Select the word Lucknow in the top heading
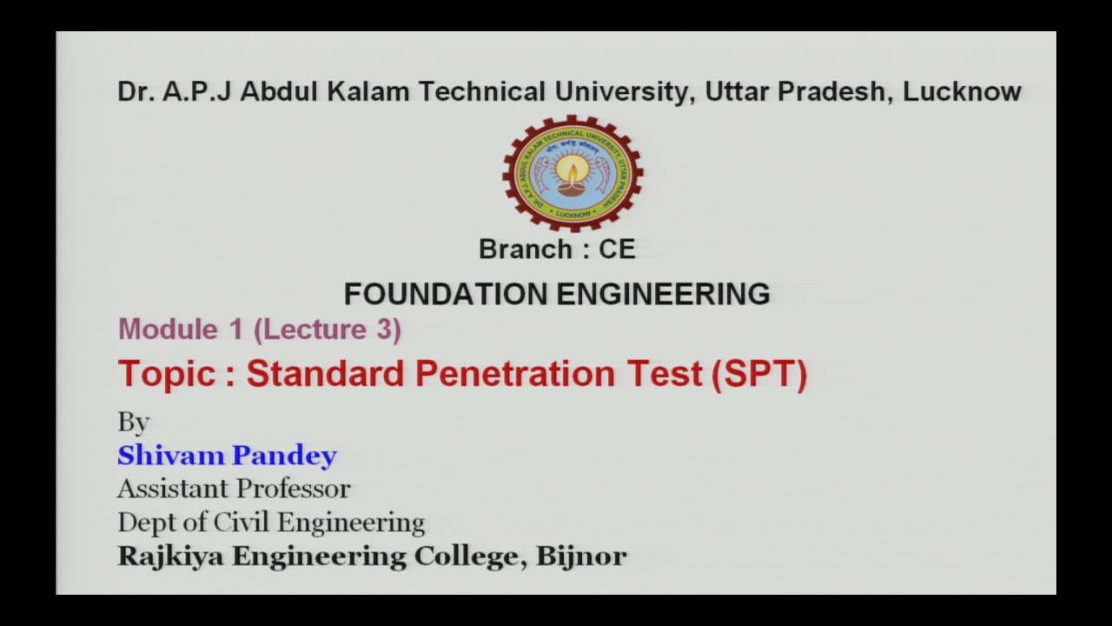click(x=963, y=91)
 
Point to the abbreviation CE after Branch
click(x=617, y=250)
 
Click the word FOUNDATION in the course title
click(x=447, y=294)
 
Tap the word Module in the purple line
click(x=168, y=330)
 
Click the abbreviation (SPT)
click(x=758, y=374)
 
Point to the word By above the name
click(x=134, y=423)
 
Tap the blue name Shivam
click(x=170, y=455)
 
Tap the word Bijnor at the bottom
click(x=581, y=556)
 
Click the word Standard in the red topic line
click(x=326, y=374)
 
